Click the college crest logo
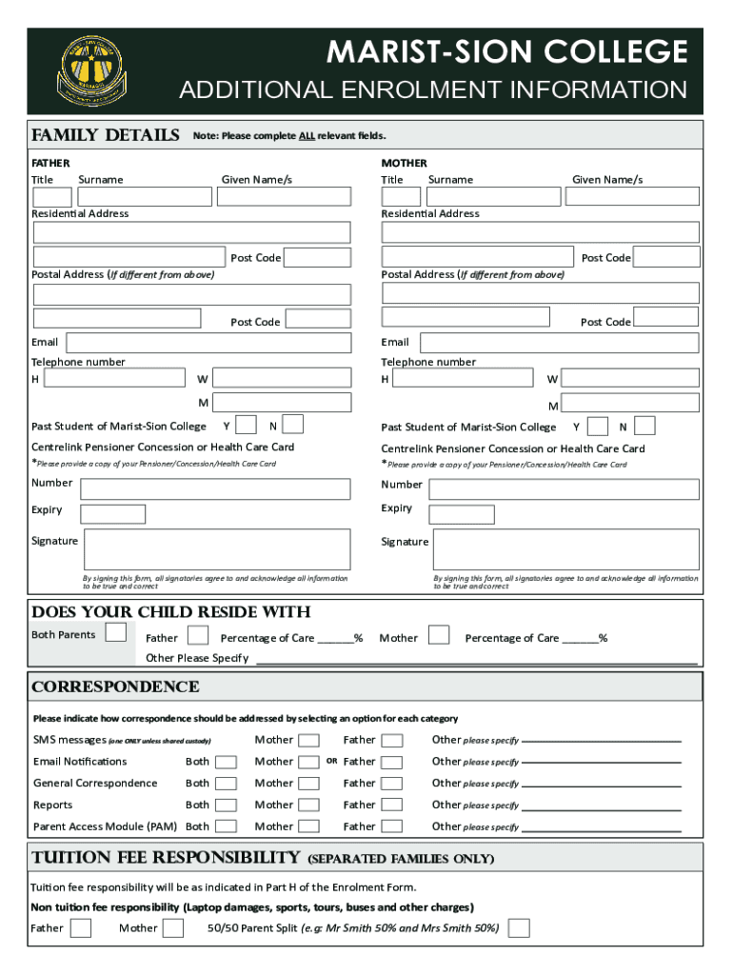92,71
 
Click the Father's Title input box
52,197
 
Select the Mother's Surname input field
493,197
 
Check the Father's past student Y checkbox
246,425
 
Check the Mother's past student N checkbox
644,426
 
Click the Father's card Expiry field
112,514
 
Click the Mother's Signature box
566,549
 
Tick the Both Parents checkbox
116,633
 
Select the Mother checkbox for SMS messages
308,740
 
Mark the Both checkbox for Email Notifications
226,762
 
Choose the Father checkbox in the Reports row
392,806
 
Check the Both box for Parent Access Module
226,827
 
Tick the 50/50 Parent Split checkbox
520,927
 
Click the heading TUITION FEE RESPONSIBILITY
167,857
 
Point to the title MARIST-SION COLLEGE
506,52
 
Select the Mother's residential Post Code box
666,257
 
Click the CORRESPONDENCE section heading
115,686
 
